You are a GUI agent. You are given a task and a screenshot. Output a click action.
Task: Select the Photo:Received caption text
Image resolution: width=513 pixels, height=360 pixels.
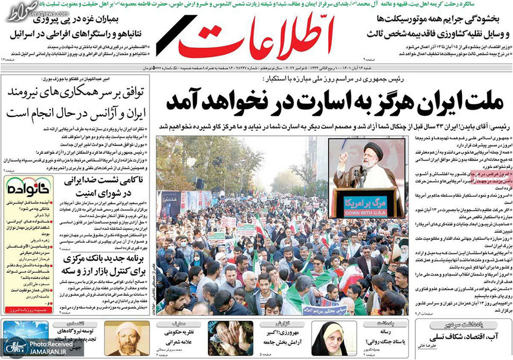[51, 344]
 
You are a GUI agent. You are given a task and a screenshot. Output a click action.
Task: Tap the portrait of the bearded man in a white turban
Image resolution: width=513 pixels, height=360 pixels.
[126, 339]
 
